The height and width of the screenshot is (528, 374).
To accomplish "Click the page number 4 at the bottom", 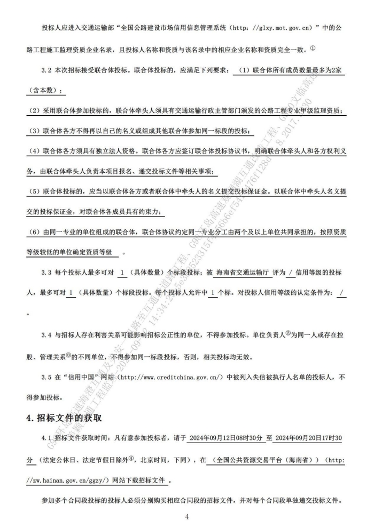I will [x=187, y=516].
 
